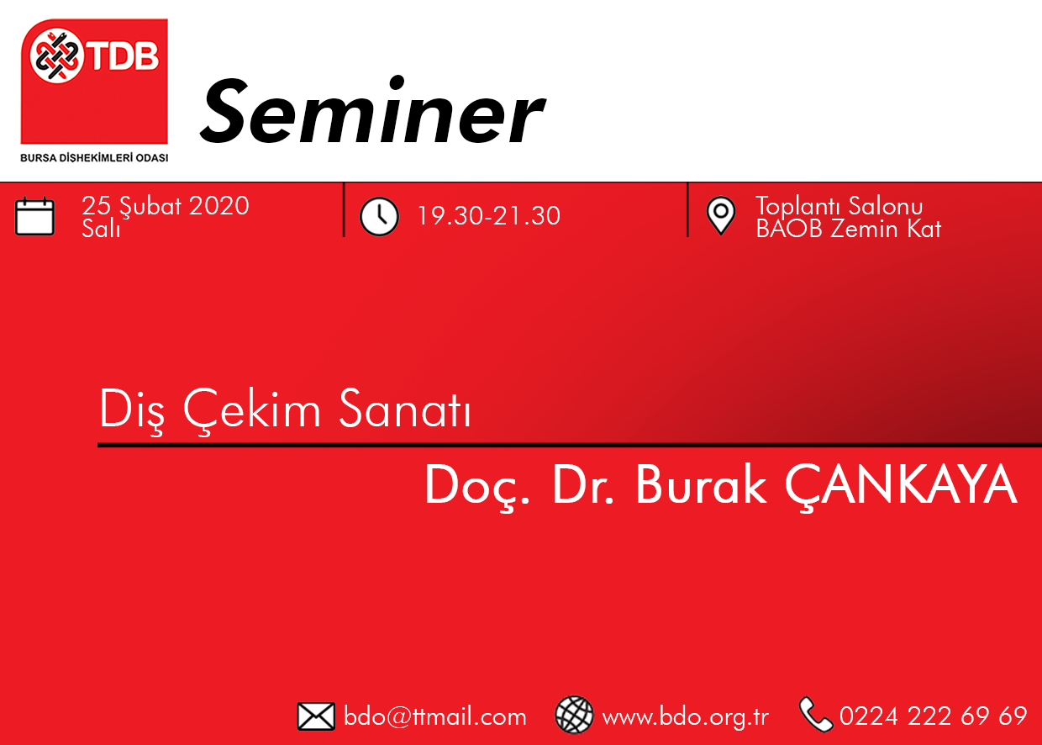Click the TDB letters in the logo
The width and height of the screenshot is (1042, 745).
[x=124, y=55]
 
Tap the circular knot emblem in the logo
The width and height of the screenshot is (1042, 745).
[x=56, y=55]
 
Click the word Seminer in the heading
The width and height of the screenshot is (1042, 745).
[x=372, y=111]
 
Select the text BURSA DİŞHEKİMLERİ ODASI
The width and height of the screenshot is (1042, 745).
[x=94, y=158]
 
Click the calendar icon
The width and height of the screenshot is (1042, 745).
[x=35, y=216]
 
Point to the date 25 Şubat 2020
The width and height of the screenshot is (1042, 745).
[x=166, y=207]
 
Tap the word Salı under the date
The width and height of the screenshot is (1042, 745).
[x=101, y=229]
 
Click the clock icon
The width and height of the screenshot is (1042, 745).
[x=379, y=217]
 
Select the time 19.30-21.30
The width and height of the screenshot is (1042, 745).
[x=489, y=216]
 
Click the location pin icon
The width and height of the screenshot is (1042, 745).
[x=720, y=215]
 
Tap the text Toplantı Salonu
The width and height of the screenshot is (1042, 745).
[x=839, y=206]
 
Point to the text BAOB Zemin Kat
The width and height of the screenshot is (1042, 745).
[x=849, y=229]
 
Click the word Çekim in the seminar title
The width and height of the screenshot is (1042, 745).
[x=252, y=409]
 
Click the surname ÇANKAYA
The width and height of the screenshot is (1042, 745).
[x=901, y=485]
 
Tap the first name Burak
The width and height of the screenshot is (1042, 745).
[x=701, y=484]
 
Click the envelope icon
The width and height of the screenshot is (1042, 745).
[x=316, y=716]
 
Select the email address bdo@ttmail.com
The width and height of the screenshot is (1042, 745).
[x=435, y=716]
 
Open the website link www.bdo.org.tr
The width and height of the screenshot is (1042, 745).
[x=685, y=717]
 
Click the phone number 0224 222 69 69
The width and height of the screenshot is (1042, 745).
[x=933, y=716]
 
